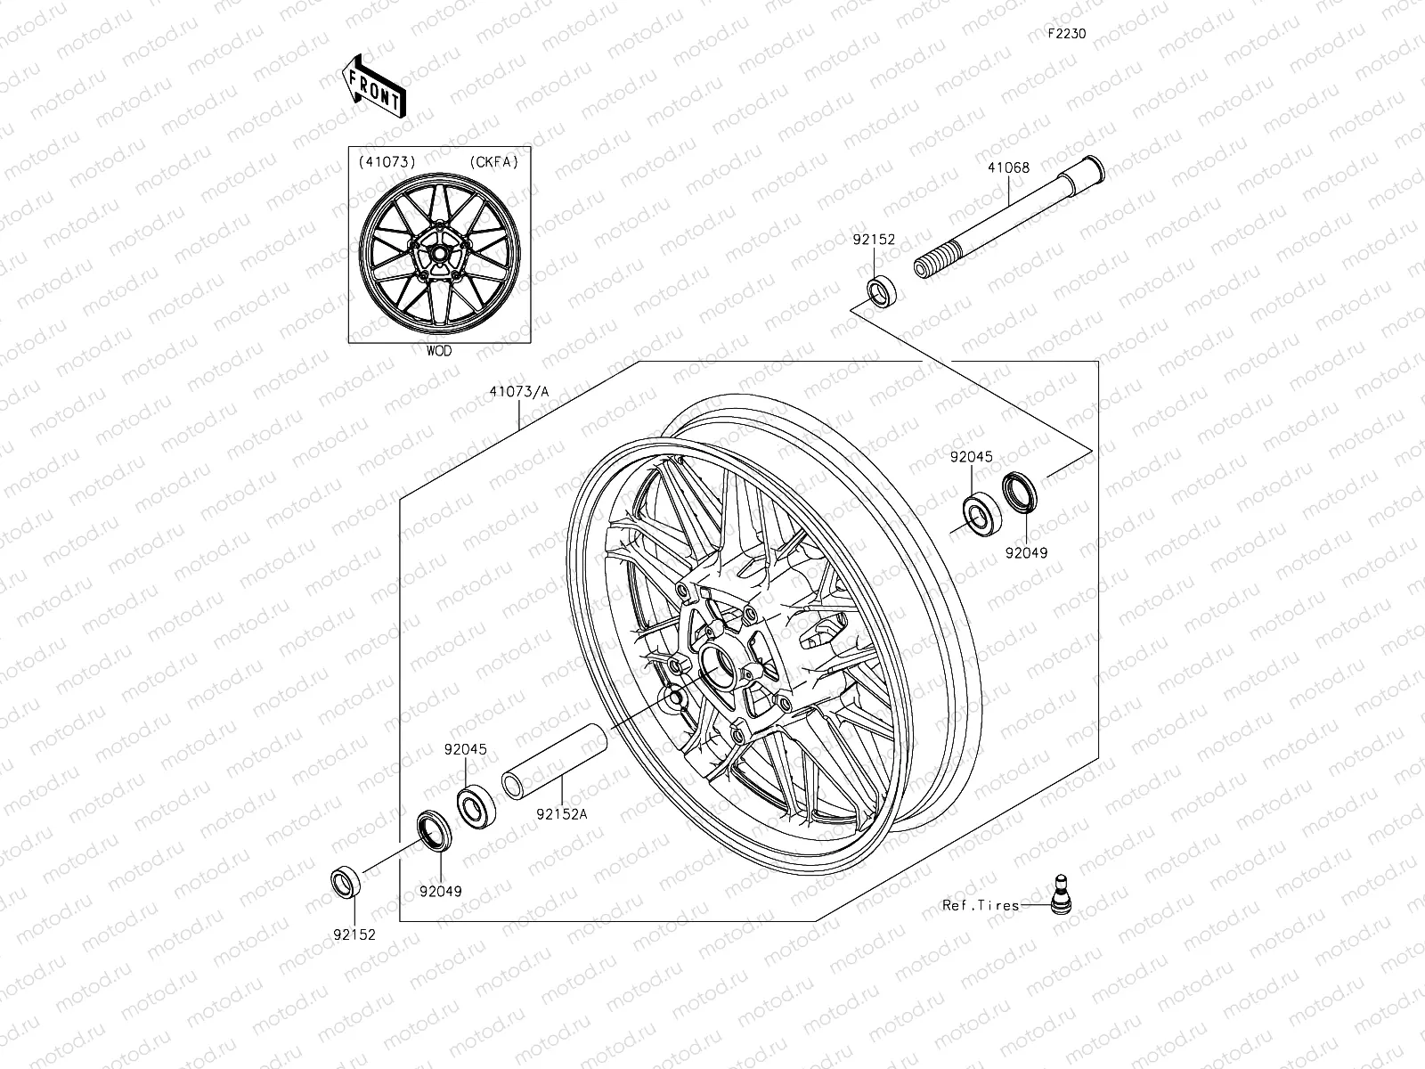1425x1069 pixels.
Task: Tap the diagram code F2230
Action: [x=1066, y=34]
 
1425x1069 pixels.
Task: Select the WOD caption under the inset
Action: [x=438, y=351]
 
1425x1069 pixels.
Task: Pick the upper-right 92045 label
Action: [x=971, y=457]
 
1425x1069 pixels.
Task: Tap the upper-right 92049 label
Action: [x=1026, y=553]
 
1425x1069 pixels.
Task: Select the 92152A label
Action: [x=562, y=813]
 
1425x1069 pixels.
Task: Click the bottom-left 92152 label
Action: [x=354, y=935]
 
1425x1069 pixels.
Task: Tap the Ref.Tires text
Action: [x=981, y=906]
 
